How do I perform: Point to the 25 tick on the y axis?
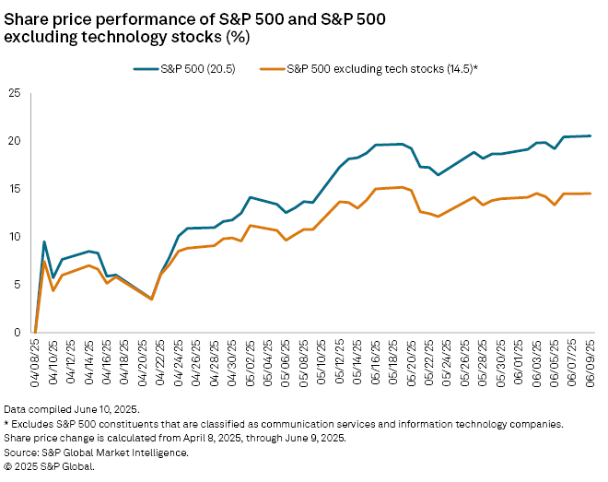click(15, 93)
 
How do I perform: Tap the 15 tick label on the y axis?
click(15, 189)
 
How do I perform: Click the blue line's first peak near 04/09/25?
click(44, 241)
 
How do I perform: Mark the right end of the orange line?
click(590, 194)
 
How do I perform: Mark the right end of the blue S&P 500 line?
click(590, 135)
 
